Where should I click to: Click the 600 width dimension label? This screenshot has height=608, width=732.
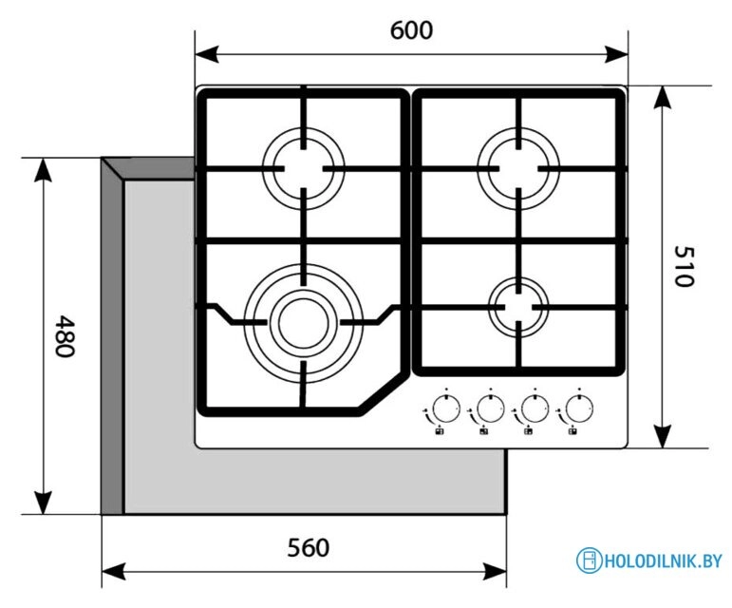tap(411, 30)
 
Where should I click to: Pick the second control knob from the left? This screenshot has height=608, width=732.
tap(489, 409)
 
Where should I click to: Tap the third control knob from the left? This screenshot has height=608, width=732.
tap(533, 409)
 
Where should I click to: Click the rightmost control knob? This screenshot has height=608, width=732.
tap(577, 409)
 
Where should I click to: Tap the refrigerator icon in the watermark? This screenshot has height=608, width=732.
tap(589, 560)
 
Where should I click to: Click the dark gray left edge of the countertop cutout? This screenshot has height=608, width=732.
tap(112, 342)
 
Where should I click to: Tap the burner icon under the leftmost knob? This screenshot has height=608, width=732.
tap(439, 432)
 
